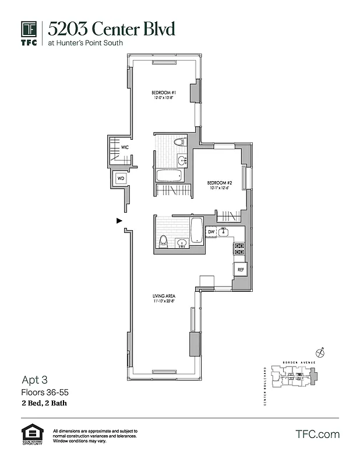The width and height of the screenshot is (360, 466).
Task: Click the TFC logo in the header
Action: [x=30, y=33]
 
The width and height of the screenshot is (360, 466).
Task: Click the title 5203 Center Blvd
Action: [x=111, y=29]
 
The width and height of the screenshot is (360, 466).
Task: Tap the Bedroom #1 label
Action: [x=164, y=93]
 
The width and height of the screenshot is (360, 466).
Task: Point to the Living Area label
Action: [x=164, y=297]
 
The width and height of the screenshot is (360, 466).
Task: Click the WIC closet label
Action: [x=125, y=148]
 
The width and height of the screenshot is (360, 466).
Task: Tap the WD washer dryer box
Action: [x=121, y=178]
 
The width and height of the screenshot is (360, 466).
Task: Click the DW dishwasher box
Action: [x=211, y=232]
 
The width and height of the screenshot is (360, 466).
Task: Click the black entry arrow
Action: [x=119, y=221]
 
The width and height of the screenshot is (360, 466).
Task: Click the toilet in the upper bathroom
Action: [x=179, y=142]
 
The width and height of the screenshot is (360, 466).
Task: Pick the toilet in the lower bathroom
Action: [x=164, y=241]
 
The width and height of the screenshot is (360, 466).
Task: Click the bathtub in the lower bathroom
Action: [x=197, y=230]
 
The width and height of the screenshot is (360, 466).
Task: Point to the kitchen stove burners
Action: [x=239, y=249]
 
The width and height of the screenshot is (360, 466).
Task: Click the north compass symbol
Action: [x=319, y=352]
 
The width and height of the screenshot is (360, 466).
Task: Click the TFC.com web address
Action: [x=317, y=434]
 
